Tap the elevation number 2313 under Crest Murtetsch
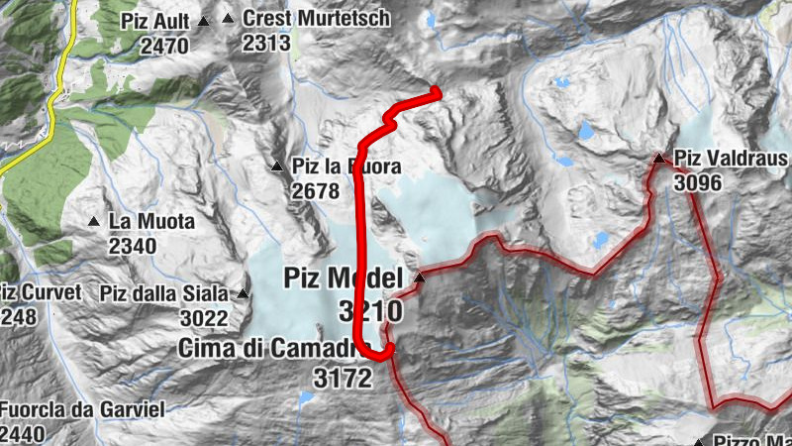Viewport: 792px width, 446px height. [265, 43]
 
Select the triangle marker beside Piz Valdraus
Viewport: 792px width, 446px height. [658, 158]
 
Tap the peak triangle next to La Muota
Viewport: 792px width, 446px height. [93, 221]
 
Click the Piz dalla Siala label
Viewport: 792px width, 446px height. [164, 293]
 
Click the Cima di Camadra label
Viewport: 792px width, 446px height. [267, 348]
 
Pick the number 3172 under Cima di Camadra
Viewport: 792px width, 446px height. [343, 377]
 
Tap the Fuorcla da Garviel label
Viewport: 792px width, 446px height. [81, 409]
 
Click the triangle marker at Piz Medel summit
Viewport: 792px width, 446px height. [420, 278]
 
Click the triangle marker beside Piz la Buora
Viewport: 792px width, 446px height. [276, 166]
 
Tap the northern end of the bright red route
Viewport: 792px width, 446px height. [437, 91]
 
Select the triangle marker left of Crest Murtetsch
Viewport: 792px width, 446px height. [229, 18]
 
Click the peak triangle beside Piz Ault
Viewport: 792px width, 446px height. [204, 21]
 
